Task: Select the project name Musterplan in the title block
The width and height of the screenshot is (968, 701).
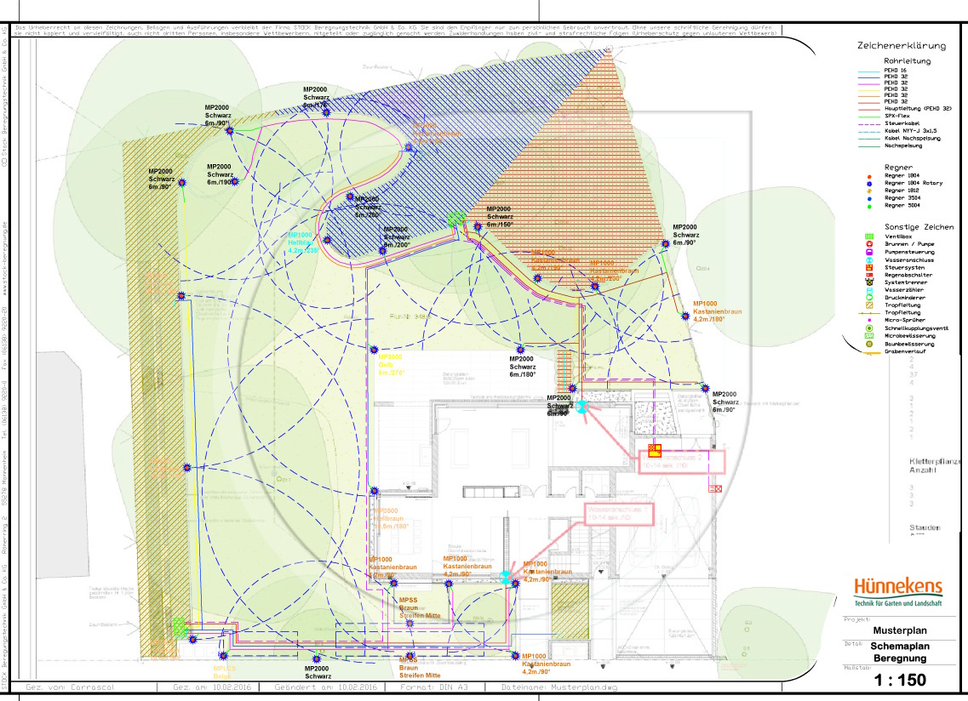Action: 899,631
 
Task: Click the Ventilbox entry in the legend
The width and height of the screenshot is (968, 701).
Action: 901,236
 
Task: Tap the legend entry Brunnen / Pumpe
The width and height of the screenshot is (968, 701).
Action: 909,243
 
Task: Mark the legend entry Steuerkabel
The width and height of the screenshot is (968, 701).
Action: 902,123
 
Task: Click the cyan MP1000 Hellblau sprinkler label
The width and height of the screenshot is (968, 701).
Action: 302,242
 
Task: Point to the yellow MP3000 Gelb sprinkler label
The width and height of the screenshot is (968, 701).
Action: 390,364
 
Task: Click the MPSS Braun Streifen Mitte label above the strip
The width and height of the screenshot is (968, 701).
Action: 420,607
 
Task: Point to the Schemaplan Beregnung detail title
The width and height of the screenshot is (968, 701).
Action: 899,652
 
